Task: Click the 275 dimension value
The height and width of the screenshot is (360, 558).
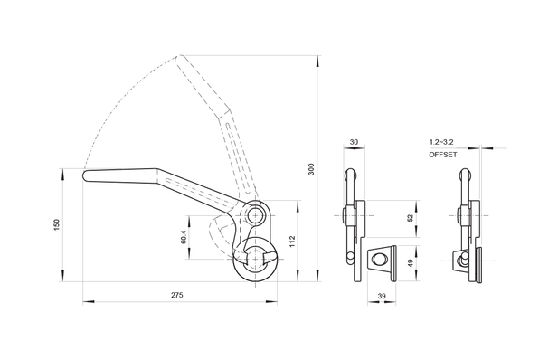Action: click(x=177, y=295)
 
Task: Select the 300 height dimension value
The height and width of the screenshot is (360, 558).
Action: click(x=311, y=169)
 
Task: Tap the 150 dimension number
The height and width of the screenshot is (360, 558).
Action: click(x=57, y=224)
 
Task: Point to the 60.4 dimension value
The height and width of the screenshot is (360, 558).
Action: click(x=184, y=236)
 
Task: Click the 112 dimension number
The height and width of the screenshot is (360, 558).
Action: click(x=292, y=242)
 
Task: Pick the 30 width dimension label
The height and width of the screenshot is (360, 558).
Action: click(x=354, y=142)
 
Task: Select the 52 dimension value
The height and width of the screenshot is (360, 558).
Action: click(x=410, y=218)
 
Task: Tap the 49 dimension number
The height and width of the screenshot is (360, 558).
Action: click(x=410, y=263)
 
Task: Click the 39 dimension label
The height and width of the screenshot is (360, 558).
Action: click(x=382, y=296)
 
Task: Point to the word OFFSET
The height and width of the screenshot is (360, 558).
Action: click(x=443, y=155)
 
